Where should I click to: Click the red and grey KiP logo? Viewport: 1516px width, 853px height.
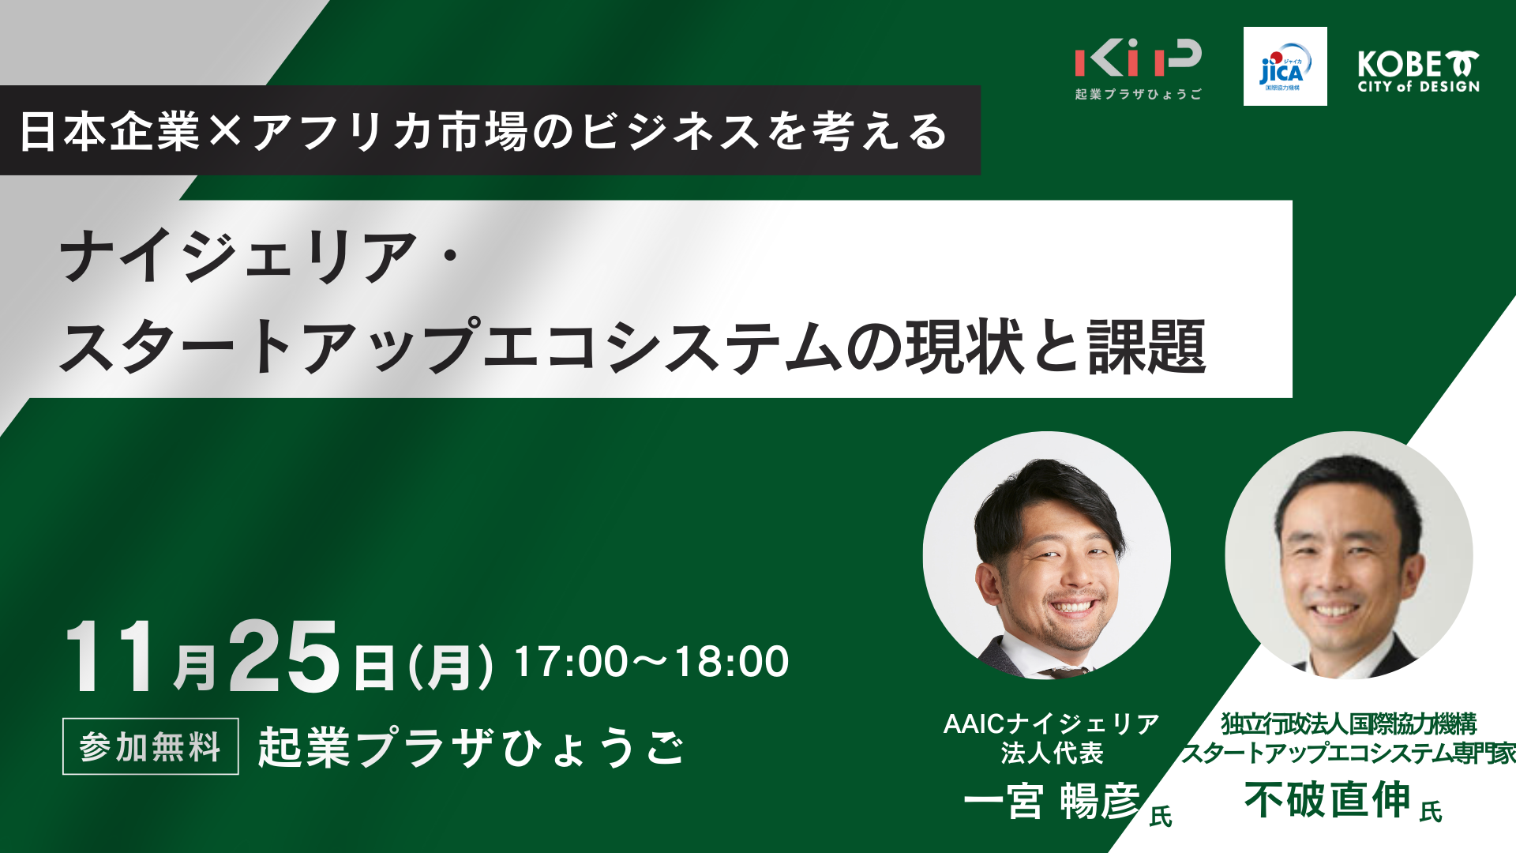click(1138, 69)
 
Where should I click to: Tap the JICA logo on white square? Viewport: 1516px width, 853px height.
click(1285, 66)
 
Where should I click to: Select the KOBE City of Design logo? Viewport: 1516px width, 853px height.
click(1418, 72)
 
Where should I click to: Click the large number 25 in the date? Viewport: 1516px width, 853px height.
click(284, 656)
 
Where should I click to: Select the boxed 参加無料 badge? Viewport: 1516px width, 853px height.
click(151, 746)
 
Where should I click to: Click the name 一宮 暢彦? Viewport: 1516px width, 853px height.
click(1052, 801)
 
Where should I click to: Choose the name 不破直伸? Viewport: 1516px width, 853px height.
click(1327, 799)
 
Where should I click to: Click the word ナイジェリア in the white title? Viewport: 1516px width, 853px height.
click(238, 257)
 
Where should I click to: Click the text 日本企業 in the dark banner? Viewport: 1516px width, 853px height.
click(110, 130)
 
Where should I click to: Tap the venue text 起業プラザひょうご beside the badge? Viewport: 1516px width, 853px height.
click(471, 746)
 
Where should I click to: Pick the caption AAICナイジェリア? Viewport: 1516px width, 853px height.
click(1052, 723)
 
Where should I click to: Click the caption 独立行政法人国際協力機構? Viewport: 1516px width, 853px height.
click(1349, 723)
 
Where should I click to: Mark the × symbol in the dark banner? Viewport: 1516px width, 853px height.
click(225, 131)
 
